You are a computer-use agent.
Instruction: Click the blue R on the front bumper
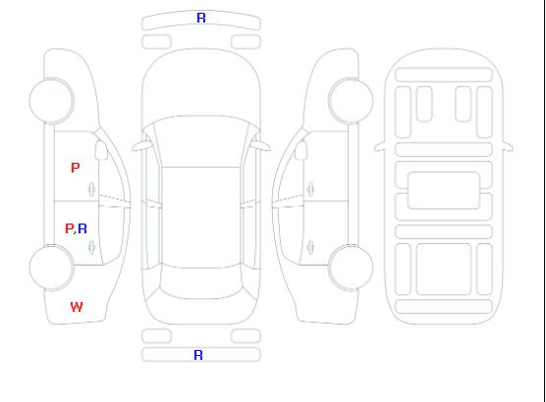point(201,18)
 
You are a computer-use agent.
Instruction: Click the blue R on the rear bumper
point(198,355)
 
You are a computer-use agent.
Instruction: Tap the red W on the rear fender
point(77,307)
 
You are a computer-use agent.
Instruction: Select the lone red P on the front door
point(76,168)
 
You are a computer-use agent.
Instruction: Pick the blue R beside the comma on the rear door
point(82,228)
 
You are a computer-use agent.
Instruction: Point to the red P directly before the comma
point(70,228)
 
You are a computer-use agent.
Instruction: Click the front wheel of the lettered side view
point(51,101)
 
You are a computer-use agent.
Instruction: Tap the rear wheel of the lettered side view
point(51,268)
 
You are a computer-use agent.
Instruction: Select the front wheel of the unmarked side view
point(351,101)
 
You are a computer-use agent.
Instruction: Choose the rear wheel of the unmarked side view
point(351,268)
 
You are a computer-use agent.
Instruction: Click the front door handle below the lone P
point(92,189)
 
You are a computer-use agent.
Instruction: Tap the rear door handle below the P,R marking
point(92,247)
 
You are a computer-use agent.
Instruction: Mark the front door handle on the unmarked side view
point(310,189)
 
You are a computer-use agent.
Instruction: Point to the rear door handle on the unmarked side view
point(310,247)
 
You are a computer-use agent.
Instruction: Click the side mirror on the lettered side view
point(101,150)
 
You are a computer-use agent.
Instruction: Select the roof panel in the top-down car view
point(201,218)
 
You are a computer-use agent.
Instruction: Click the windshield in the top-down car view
point(201,141)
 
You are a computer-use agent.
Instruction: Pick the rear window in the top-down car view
point(201,282)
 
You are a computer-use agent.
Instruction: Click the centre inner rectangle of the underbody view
point(444,190)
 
